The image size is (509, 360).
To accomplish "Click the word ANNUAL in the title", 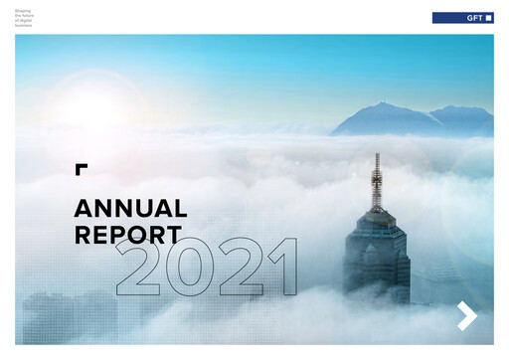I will point(130,209).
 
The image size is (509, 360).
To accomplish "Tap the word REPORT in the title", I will point(127,236).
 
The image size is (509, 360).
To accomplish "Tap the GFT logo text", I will point(473,18).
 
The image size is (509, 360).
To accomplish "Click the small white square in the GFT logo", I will point(487,18).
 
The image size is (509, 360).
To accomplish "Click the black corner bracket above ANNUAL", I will point(81,168).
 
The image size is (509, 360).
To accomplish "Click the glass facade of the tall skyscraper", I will point(377,259).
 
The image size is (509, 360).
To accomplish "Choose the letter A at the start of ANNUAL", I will point(84,209).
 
